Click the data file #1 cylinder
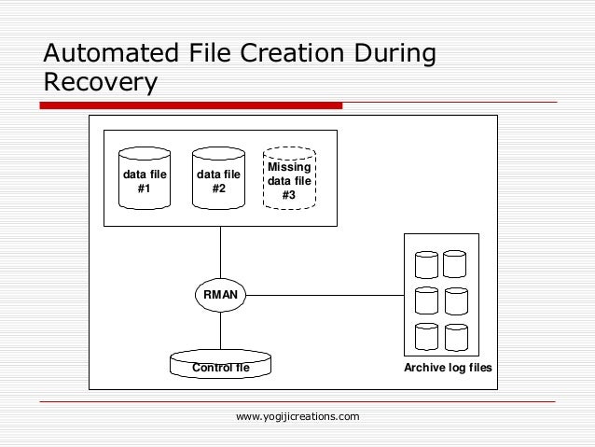[x=145, y=180]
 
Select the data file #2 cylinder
[x=218, y=180]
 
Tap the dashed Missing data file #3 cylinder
[x=289, y=180]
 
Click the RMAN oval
[x=221, y=295]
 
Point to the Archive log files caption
[x=448, y=369]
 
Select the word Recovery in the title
[x=99, y=83]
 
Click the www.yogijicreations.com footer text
[x=297, y=416]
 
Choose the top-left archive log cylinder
[x=426, y=264]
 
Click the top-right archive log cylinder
[x=454, y=264]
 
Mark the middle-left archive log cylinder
[x=426, y=300]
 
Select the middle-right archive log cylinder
[x=455, y=300]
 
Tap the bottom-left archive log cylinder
[x=426, y=336]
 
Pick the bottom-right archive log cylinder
[x=455, y=336]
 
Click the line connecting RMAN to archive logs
[x=326, y=295]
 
